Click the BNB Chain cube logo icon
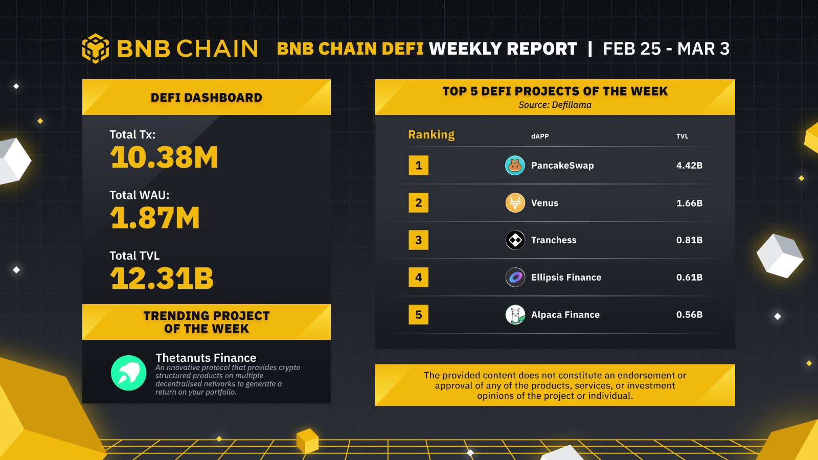pos(96,49)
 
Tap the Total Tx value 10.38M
pos(164,157)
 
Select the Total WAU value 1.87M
pos(155,218)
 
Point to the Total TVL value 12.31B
pos(162,279)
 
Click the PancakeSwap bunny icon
pos(515,166)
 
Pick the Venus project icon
pos(515,203)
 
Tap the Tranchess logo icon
pos(515,240)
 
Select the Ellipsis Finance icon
pos(515,278)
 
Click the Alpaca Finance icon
pos(515,315)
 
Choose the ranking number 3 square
pos(418,240)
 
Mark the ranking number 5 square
pos(418,315)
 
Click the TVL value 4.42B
pos(689,166)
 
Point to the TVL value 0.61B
pos(689,278)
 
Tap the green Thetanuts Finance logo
pos(128,373)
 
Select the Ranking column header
pos(431,135)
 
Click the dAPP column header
pos(540,136)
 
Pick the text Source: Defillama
pos(555,105)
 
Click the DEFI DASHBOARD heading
pos(206,98)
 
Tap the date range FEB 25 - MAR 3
pos(666,49)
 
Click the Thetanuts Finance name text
pos(206,358)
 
